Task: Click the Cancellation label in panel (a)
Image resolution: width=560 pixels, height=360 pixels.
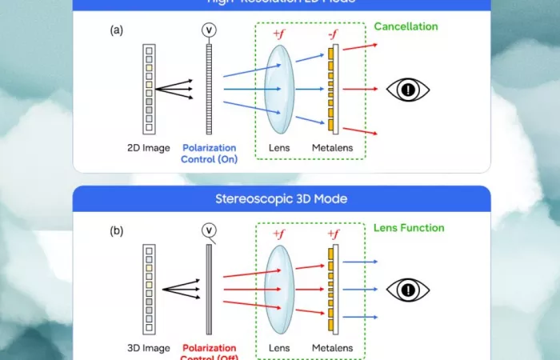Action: click(406, 26)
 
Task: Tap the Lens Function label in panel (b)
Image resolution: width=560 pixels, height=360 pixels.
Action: click(409, 228)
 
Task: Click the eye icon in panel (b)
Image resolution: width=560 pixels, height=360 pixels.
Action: click(408, 290)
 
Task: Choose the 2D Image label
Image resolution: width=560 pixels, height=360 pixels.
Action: click(149, 148)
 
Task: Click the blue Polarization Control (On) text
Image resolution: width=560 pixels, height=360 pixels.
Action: click(210, 154)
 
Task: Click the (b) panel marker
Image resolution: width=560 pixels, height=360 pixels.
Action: click(117, 231)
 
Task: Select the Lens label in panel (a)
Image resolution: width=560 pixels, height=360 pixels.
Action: click(279, 148)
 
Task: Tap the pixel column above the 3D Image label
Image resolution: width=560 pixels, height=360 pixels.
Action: click(149, 289)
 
